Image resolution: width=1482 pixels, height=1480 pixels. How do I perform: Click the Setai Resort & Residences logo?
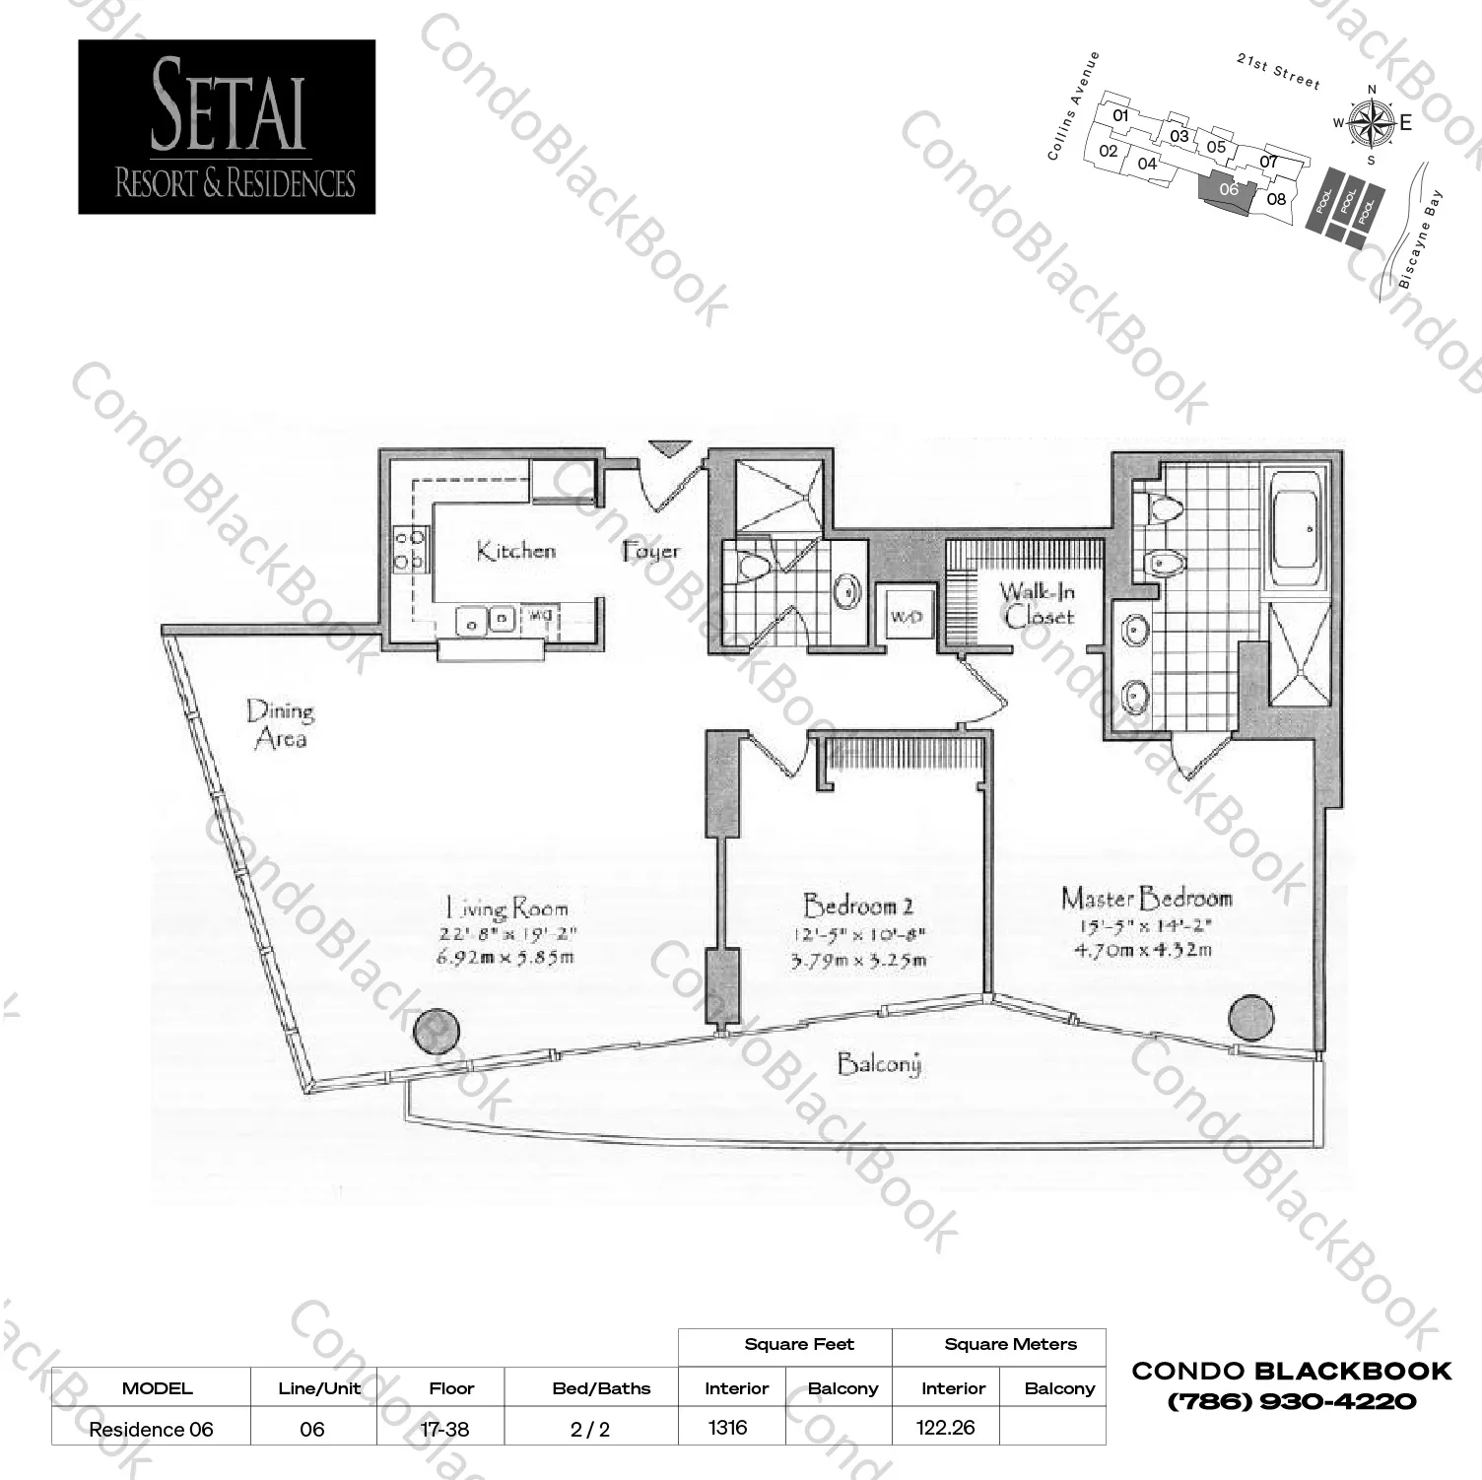coord(227,127)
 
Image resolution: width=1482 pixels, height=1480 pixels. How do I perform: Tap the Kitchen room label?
coord(515,551)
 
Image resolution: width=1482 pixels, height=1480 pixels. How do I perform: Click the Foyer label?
coord(651,551)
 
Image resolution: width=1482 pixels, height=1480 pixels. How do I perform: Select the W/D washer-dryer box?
coord(906,617)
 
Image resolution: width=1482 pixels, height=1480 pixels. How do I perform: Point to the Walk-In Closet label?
coord(1038,604)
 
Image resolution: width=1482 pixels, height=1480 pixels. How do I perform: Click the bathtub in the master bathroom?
coord(1295,529)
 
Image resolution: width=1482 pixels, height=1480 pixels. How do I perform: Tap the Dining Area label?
coord(281,724)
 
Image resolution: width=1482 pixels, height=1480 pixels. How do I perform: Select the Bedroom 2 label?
coord(858,905)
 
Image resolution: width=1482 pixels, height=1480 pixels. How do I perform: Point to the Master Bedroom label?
coord(1147,898)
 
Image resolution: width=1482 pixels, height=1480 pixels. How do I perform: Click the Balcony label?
coord(879,1064)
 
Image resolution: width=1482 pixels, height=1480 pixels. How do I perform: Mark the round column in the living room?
coord(437,1032)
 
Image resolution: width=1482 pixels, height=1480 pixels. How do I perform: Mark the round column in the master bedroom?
coord(1250,1017)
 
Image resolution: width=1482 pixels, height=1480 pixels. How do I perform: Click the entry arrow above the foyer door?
coord(670,448)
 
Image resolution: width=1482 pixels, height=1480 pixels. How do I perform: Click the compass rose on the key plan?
coord(1370,123)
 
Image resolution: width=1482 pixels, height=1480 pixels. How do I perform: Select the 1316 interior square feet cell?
coord(728,1427)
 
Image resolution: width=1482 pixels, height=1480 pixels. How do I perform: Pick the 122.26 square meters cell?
coord(945,1427)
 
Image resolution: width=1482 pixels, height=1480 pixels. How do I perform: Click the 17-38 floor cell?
coord(444,1429)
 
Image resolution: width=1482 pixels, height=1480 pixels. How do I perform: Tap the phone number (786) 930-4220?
coord(1292,1401)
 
